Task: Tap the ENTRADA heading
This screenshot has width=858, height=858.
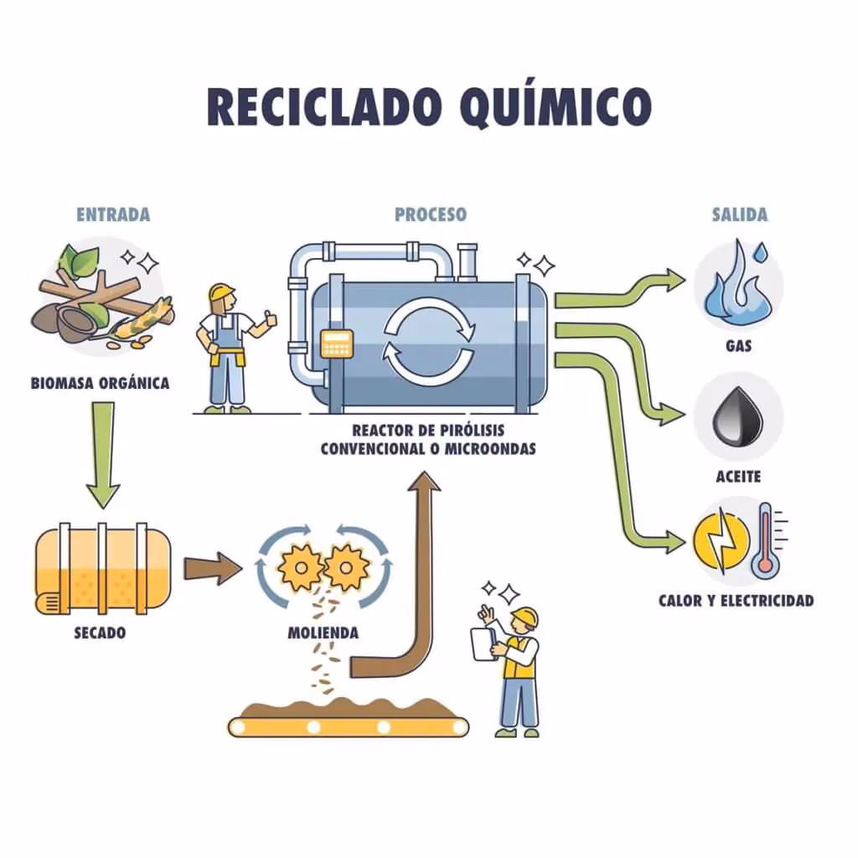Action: click(x=113, y=214)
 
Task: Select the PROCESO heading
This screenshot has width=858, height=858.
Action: click(x=431, y=214)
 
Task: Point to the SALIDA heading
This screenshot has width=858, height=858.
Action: click(x=739, y=214)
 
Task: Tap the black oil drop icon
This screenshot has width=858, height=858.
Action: click(x=737, y=416)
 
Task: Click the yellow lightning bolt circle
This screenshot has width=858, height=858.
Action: click(x=720, y=540)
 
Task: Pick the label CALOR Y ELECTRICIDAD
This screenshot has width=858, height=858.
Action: click(x=736, y=601)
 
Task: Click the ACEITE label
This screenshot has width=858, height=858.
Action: click(x=738, y=476)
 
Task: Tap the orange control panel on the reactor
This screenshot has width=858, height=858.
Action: click(x=337, y=343)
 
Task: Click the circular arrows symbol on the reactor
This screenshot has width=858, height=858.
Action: click(x=427, y=340)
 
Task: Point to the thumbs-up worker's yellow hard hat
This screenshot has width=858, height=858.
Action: click(x=221, y=292)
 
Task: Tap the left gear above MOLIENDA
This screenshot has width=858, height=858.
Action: click(x=299, y=568)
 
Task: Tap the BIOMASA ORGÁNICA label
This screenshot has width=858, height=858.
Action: click(x=101, y=384)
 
